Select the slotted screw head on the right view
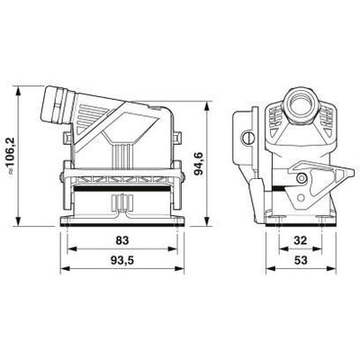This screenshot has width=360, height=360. point(246,139)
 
